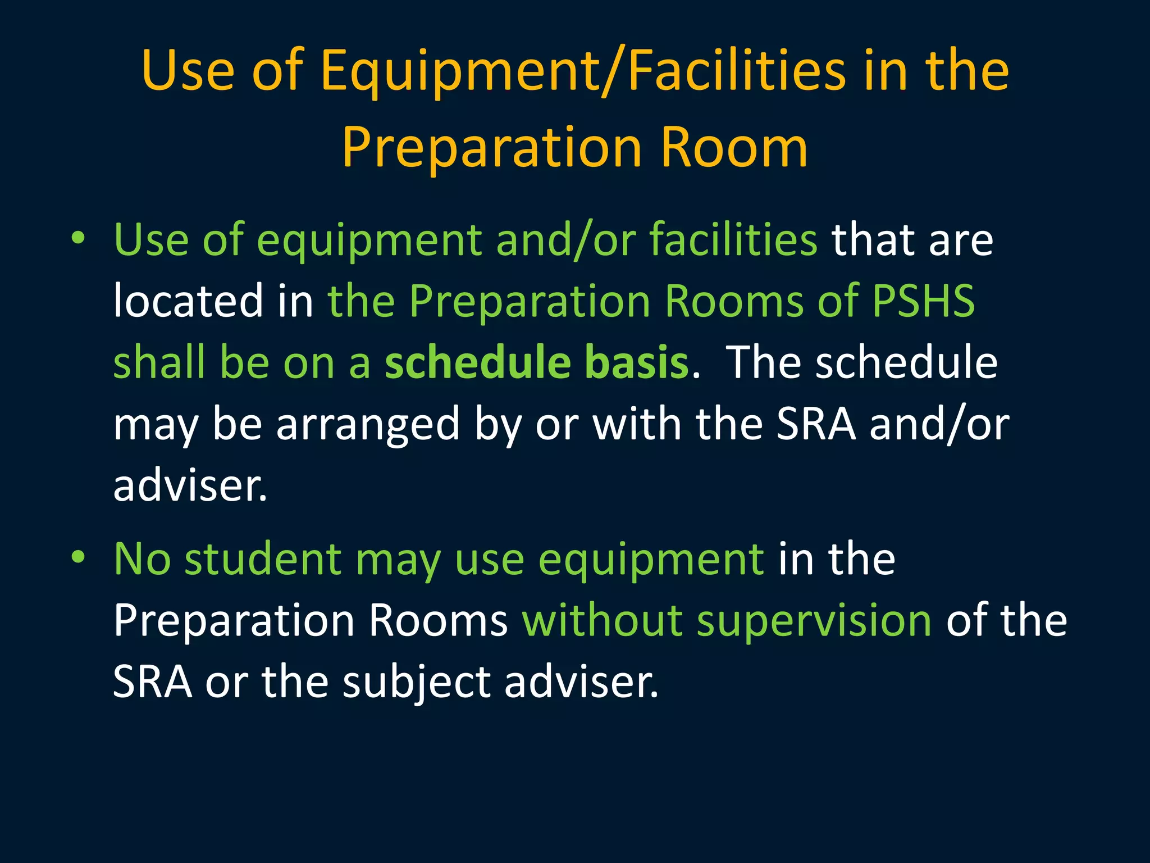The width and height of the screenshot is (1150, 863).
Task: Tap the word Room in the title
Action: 734,147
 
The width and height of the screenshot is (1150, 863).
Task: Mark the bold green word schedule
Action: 477,362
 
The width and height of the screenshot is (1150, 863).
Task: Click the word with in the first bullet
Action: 637,424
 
